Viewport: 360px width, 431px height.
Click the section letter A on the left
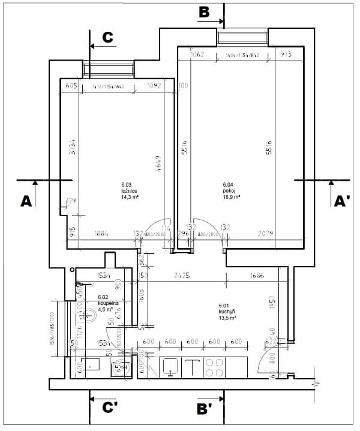(25, 202)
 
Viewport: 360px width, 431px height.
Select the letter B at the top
(205, 13)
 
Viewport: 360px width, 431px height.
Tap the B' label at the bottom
(205, 409)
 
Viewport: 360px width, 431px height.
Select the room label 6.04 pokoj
(231, 191)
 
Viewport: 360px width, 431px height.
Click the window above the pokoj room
(242, 39)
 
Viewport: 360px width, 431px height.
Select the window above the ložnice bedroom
(109, 70)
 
